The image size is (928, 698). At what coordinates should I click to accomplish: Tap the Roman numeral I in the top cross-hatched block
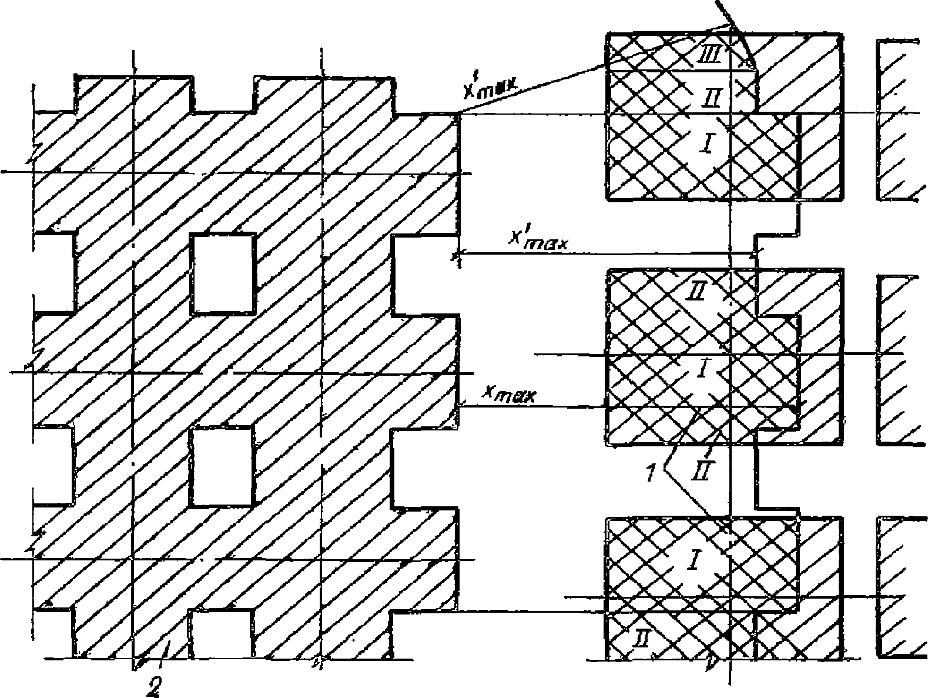(x=706, y=142)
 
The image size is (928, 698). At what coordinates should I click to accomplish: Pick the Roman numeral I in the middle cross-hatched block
(x=701, y=369)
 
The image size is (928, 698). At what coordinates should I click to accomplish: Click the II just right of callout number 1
(x=703, y=469)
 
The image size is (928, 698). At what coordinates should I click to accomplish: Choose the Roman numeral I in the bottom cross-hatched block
(x=692, y=560)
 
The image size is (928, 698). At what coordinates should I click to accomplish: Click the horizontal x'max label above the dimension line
(x=538, y=240)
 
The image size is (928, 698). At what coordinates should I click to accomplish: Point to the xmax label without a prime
(x=509, y=393)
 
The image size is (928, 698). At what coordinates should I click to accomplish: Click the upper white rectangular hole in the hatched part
(x=223, y=273)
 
